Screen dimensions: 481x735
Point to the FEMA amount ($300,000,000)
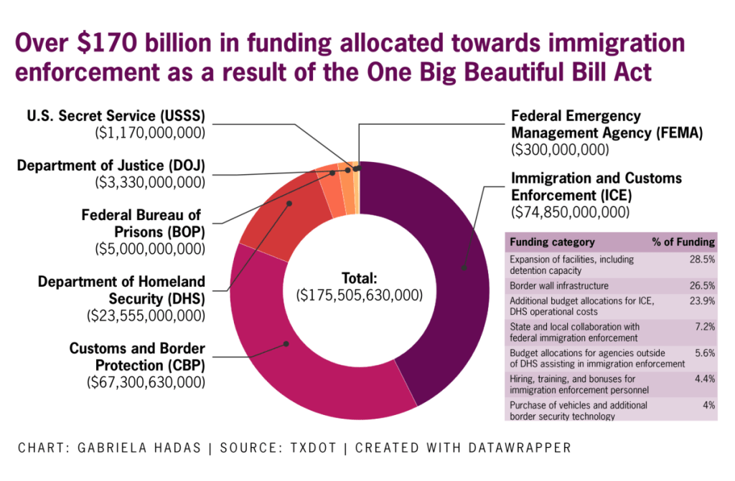(559, 150)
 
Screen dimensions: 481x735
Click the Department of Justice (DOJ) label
(111, 166)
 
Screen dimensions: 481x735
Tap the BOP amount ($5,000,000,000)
(150, 249)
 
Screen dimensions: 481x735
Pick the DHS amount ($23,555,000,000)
(146, 315)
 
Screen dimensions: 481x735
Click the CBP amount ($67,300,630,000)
(146, 382)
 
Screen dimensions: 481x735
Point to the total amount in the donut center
(359, 295)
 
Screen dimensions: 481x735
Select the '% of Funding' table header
(683, 242)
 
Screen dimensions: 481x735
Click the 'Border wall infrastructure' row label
(558, 285)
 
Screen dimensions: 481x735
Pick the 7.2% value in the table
(703, 327)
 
